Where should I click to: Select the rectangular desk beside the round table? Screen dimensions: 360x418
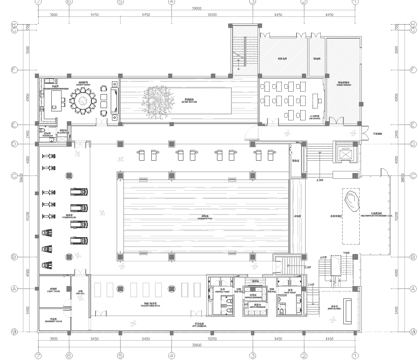click(x=49, y=100)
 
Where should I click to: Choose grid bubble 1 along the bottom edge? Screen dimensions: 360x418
click(x=39, y=353)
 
